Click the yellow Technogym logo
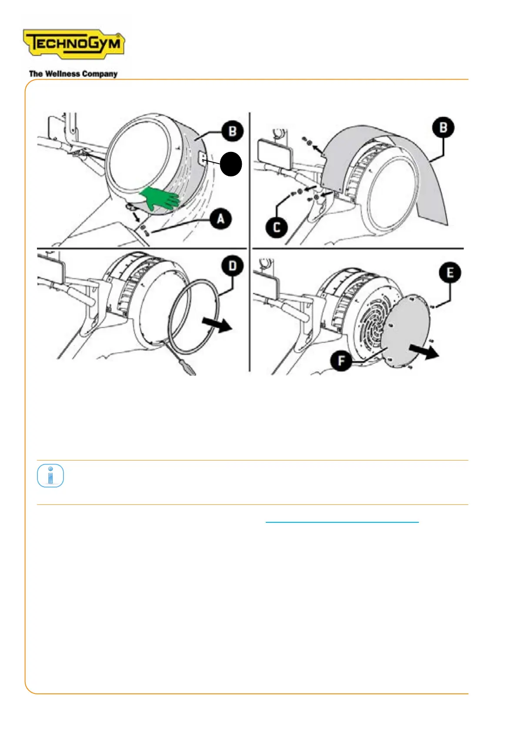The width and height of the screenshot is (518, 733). (74, 44)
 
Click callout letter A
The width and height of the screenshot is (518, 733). (221, 219)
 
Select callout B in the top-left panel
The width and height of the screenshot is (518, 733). (233, 131)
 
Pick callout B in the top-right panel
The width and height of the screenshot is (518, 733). (443, 127)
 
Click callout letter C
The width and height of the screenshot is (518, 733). (276, 227)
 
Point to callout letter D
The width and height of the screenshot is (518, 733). (233, 266)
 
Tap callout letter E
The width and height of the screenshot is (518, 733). (450, 272)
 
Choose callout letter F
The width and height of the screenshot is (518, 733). (341, 360)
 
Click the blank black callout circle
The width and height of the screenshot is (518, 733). (231, 164)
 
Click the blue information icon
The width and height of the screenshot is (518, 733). (50, 475)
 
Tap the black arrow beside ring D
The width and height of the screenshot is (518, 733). (217, 325)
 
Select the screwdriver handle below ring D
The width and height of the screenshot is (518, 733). (189, 369)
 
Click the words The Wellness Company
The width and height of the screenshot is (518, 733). (73, 74)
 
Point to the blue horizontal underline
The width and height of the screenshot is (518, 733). (342, 522)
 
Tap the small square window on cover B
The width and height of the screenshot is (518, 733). (202, 159)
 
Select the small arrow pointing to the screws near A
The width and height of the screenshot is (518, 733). (135, 217)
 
